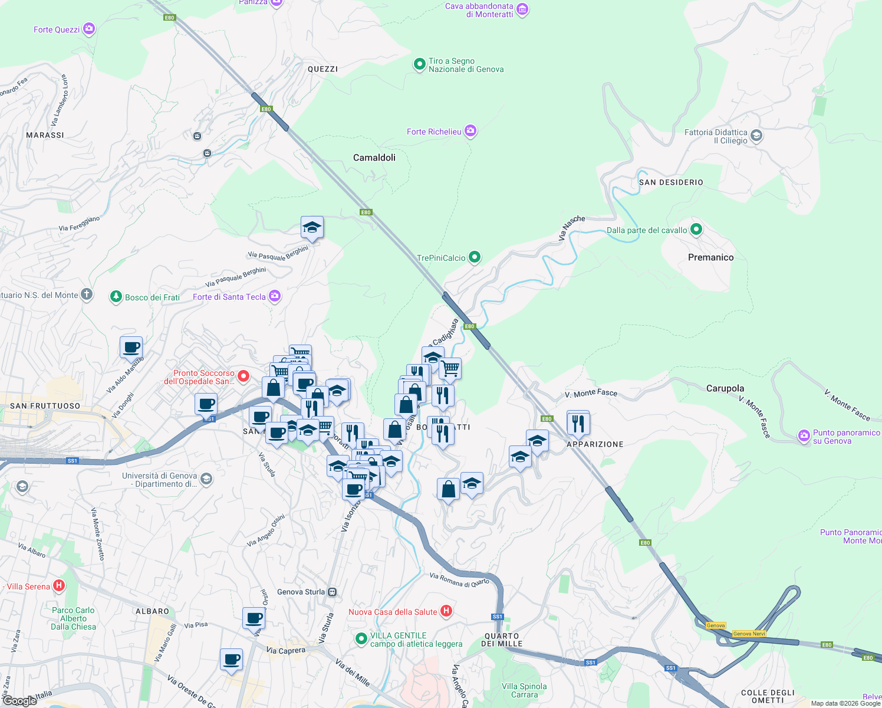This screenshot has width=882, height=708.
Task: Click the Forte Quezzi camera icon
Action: (x=89, y=29)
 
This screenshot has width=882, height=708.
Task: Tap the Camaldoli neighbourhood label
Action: (x=374, y=158)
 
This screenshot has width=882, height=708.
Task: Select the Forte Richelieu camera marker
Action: (x=470, y=131)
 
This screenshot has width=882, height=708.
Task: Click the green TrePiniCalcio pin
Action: (x=475, y=257)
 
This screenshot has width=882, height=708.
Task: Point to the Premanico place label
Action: (x=710, y=257)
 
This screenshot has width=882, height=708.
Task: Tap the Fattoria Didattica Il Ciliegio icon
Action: (x=756, y=136)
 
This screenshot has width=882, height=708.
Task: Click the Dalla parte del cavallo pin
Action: (x=696, y=230)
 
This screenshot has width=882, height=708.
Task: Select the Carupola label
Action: (x=725, y=388)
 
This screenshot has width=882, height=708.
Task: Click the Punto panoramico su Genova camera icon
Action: (x=804, y=436)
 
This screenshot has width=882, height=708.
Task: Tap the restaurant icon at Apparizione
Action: (x=578, y=423)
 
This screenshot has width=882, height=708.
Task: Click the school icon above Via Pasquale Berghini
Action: (x=312, y=227)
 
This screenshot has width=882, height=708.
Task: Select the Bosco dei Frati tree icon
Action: (x=116, y=297)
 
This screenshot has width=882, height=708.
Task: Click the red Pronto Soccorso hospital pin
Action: (x=243, y=376)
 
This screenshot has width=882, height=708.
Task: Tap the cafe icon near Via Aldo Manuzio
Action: (x=131, y=348)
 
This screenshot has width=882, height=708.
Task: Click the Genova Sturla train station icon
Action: (x=333, y=592)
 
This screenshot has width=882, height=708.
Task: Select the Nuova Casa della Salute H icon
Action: (x=446, y=611)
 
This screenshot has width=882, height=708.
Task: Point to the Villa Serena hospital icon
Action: (x=58, y=586)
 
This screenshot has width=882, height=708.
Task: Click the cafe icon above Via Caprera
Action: (x=231, y=659)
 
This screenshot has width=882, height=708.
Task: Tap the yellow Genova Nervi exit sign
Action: (x=749, y=634)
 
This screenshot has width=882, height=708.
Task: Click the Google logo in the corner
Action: (x=20, y=700)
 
